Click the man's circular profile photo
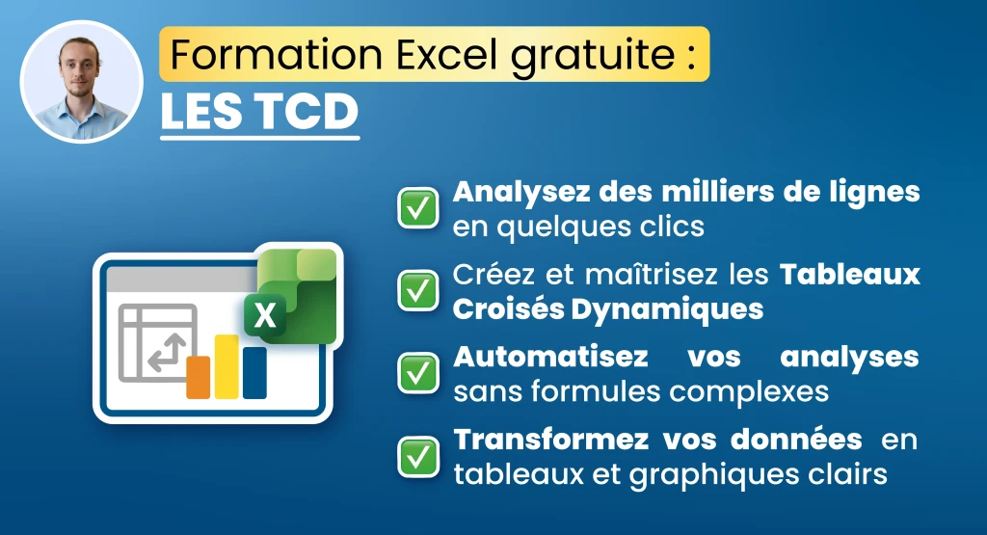click(x=81, y=81)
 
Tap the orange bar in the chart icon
click(x=199, y=377)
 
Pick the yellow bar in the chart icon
click(x=227, y=366)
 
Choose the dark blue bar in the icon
click(x=254, y=373)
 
